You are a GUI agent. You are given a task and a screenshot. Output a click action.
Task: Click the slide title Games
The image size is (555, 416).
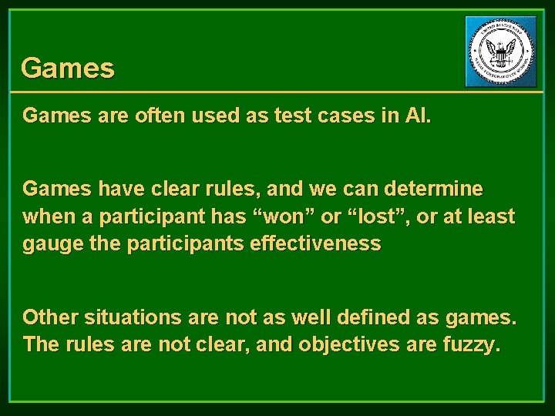coord(68,69)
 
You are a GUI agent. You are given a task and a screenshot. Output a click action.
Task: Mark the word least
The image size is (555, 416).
coord(489,216)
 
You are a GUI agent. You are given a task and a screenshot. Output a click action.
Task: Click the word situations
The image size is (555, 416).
coord(137,317)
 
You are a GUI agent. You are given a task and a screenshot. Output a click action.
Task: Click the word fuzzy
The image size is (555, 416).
coord(473,345)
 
